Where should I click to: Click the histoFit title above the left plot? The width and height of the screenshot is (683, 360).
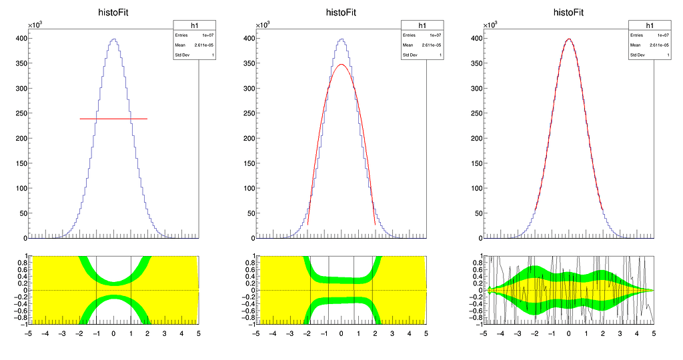click(x=113, y=12)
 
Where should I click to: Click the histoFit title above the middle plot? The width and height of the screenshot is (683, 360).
click(x=341, y=12)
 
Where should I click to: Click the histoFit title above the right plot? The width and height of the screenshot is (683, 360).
click(x=568, y=12)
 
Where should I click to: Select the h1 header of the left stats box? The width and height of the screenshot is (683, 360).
click(x=185, y=25)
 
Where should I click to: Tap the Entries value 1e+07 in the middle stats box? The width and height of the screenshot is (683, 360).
click(x=435, y=35)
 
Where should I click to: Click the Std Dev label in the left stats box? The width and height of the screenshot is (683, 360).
click(x=182, y=55)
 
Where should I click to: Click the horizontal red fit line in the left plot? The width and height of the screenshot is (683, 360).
click(x=113, y=119)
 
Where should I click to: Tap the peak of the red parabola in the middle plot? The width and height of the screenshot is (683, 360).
click(x=341, y=65)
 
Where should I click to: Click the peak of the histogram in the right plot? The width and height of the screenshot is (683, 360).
click(x=569, y=39)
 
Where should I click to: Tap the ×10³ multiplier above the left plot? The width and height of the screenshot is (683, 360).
click(x=35, y=25)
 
